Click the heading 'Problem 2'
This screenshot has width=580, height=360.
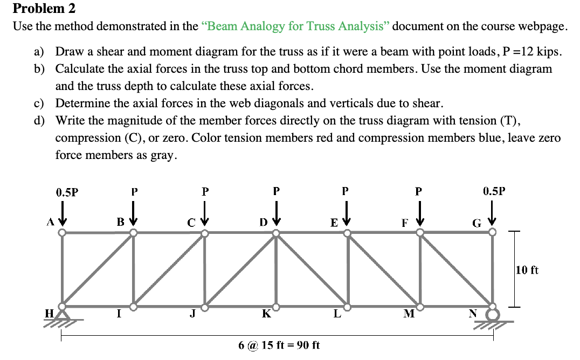[x=44, y=9]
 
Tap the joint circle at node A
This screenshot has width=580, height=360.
[x=63, y=233]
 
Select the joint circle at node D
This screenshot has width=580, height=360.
[x=276, y=233]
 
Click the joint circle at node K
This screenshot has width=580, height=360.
[x=276, y=307]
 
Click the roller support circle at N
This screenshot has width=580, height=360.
[x=492, y=314]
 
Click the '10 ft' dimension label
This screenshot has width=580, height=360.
[x=527, y=270]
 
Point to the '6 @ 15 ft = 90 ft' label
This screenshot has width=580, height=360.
[x=279, y=345]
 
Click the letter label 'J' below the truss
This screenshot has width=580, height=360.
[x=192, y=315]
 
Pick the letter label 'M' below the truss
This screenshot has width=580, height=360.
[x=409, y=315]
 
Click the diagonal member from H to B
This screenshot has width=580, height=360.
[x=98, y=270]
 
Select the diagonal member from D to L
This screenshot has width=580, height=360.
[x=312, y=270]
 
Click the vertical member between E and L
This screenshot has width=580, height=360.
[x=348, y=270]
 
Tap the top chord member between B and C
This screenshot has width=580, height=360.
[x=169, y=233]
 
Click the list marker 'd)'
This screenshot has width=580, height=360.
[x=39, y=121]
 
